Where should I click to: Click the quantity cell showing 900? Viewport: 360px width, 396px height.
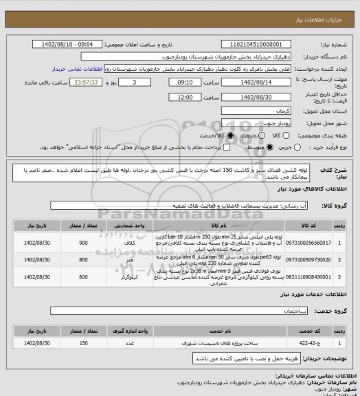tap(103, 243)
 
